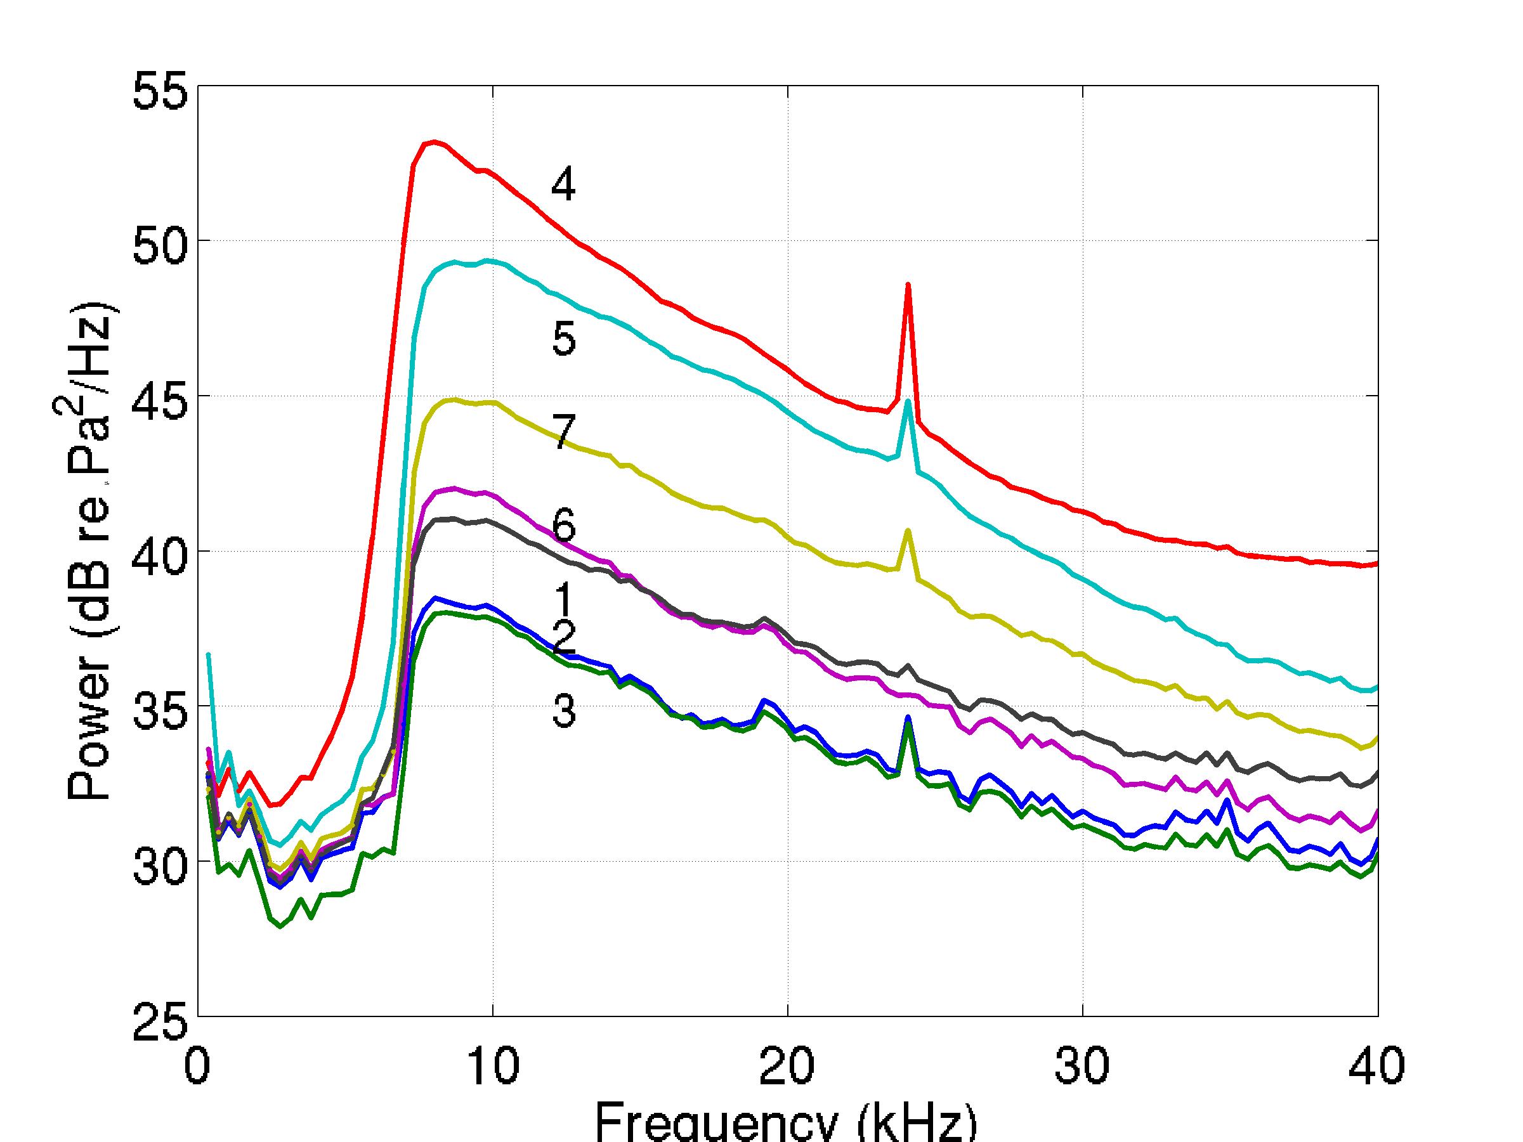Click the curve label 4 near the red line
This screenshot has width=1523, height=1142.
tap(563, 185)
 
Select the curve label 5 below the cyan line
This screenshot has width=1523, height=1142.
tap(563, 339)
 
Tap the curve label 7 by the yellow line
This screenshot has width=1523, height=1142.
tap(563, 433)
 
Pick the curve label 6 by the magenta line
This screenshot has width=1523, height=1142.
tap(563, 526)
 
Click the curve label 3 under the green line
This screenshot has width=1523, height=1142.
tap(563, 711)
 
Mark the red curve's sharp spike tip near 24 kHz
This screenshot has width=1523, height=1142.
tap(908, 284)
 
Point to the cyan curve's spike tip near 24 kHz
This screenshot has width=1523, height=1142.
tap(908, 401)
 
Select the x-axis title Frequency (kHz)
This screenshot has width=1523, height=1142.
tap(785, 1122)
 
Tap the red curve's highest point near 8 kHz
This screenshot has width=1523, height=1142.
tap(433, 142)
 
